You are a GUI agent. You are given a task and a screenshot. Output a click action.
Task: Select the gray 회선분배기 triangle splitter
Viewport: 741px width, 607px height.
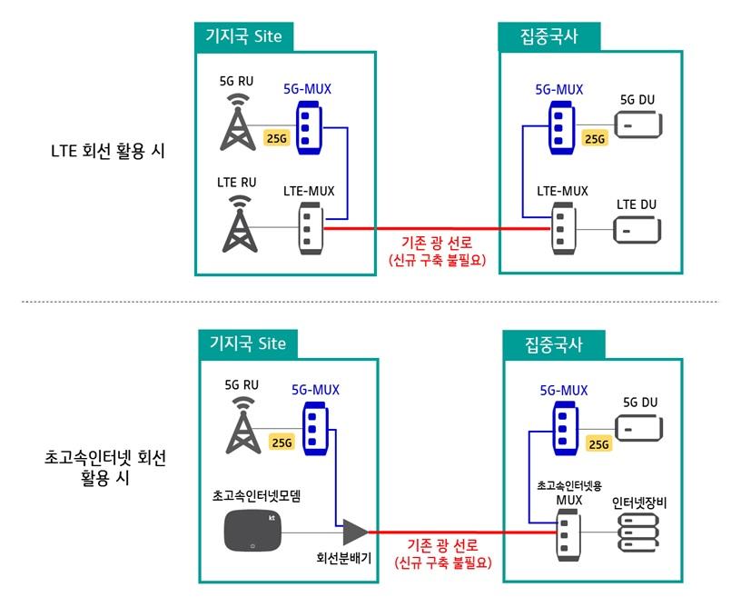tap(352, 531)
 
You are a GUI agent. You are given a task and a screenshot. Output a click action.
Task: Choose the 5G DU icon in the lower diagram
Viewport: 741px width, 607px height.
tap(639, 426)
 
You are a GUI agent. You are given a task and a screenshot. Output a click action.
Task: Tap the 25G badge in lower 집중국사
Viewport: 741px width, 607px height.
tap(598, 443)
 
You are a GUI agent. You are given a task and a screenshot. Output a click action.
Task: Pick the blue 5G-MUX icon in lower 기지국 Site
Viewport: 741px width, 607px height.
tap(314, 427)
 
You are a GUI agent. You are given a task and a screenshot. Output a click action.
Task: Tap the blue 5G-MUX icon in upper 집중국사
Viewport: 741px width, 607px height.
tap(560, 123)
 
